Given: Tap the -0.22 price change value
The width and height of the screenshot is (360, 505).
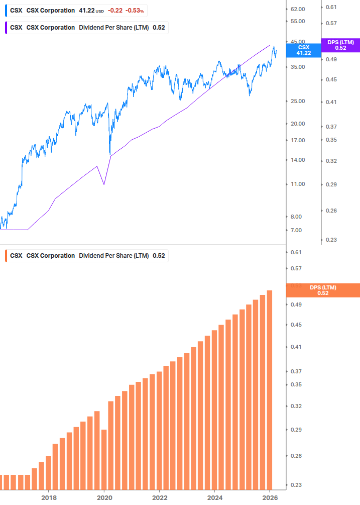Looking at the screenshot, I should (x=115, y=10).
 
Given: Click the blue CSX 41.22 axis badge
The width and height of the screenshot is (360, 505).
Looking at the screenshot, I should (x=303, y=50).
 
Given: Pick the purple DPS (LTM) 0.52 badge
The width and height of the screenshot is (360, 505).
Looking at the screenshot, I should (x=340, y=45).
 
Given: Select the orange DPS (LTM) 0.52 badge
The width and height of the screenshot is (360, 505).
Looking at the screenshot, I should (x=323, y=290).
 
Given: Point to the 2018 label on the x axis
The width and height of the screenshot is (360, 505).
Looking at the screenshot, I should (x=49, y=497).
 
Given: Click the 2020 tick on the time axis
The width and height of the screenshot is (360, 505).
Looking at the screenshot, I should (x=104, y=497).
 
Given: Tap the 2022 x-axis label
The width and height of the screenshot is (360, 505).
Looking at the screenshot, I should (x=159, y=497).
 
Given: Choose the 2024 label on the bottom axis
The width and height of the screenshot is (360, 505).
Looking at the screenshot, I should (x=214, y=497).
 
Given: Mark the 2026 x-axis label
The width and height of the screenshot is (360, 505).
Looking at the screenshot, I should (x=270, y=497).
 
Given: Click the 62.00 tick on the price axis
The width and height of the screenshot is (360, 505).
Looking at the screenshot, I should (x=298, y=9).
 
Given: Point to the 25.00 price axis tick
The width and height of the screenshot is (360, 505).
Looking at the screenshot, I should (x=298, y=101).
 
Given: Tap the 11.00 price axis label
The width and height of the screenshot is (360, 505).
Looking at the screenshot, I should (x=298, y=184).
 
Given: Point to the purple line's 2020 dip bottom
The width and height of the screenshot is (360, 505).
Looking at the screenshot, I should (x=104, y=184).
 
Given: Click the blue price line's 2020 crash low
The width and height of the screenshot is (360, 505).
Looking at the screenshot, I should (x=109, y=154).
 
